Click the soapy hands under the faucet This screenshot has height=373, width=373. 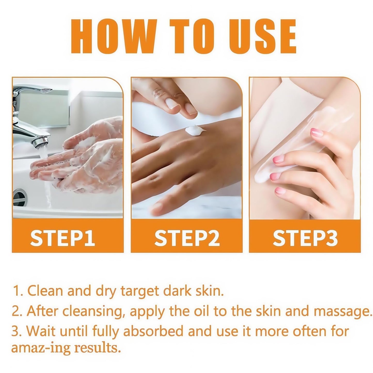(85, 160)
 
